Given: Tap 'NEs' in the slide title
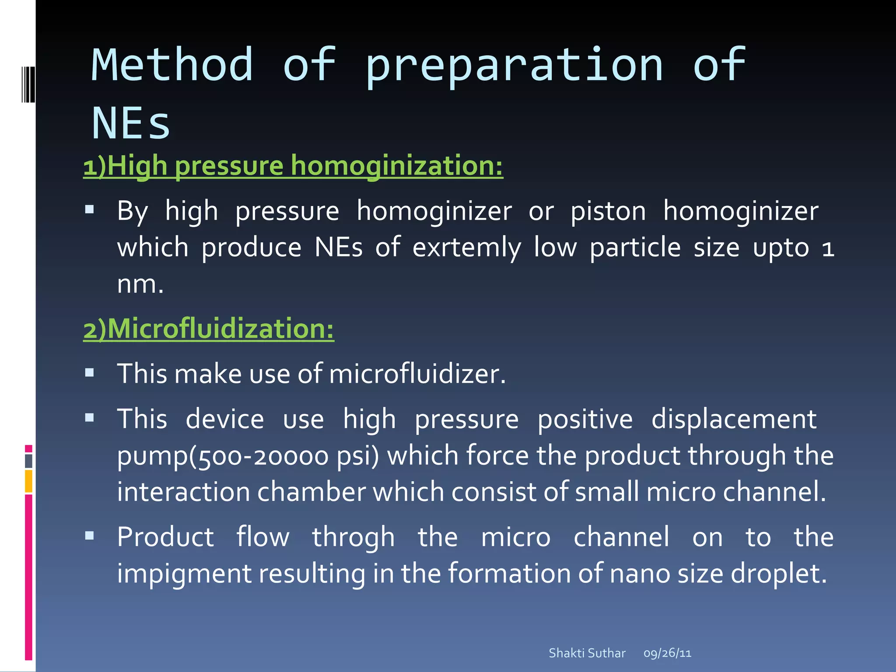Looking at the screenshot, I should [x=130, y=124].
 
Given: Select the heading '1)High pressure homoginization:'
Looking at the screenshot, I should [x=293, y=166].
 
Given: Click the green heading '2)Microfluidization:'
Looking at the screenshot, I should [x=209, y=329].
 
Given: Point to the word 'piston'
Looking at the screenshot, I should [x=608, y=212].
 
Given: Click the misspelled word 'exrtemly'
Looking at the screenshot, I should [x=467, y=248].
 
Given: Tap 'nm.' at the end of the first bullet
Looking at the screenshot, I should [x=140, y=284].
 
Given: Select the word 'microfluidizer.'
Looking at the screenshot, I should [x=417, y=374].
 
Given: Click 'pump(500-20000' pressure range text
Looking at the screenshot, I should [x=223, y=456].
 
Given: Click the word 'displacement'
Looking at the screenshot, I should [x=734, y=420].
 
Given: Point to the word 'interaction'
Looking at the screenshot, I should [x=183, y=492].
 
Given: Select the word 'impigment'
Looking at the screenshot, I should [x=184, y=574].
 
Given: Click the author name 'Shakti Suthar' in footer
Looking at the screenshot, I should [x=587, y=653].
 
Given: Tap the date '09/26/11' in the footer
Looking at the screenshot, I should [x=667, y=653].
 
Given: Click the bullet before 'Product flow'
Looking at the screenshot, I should [x=90, y=535].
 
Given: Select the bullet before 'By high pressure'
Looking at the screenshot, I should [x=90, y=210].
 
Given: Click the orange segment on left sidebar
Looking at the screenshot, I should [x=28, y=481].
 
